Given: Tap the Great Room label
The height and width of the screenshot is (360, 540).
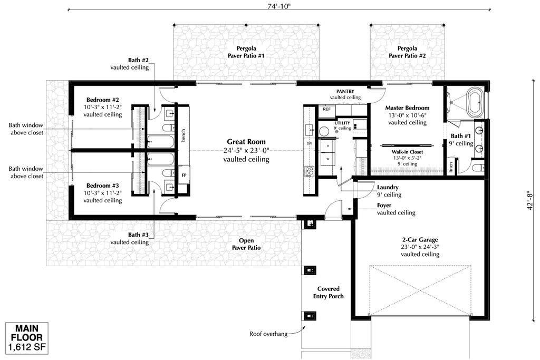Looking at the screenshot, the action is click(246, 141).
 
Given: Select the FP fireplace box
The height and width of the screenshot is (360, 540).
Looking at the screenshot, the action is click(184, 175).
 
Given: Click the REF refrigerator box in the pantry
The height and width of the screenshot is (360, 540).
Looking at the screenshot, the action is click(327, 109).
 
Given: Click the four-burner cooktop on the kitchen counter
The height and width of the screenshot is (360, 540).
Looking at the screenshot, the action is click(309, 171).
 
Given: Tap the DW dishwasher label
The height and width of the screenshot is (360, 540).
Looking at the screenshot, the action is click(309, 143).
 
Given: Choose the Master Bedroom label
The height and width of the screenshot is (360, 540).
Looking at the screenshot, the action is click(408, 108).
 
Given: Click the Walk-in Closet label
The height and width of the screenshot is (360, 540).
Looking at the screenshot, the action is click(408, 152).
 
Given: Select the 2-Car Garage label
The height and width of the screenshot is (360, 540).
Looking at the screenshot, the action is click(420, 239).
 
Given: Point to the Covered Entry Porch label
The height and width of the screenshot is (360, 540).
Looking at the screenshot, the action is click(328, 293).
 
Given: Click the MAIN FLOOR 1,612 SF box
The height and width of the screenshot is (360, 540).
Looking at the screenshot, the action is click(27, 338).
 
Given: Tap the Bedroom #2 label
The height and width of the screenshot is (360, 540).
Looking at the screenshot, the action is click(103, 100).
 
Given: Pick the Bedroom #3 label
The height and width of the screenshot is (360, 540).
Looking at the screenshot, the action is click(103, 186).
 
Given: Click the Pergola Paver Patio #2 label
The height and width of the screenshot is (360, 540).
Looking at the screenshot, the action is click(408, 52).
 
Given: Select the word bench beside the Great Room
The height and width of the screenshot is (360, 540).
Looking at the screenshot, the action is click(183, 135).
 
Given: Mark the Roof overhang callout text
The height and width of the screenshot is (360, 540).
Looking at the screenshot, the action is click(268, 334).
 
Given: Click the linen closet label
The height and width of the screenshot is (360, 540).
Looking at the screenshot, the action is click(451, 167).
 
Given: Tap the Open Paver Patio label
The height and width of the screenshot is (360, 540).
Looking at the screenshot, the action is click(246, 244).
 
